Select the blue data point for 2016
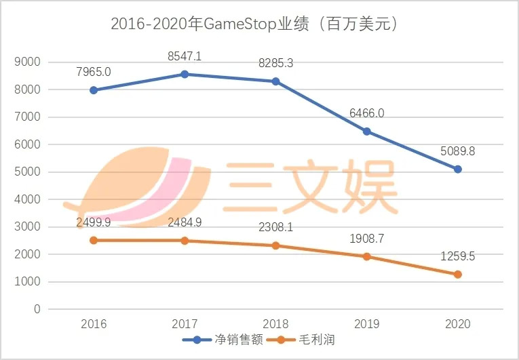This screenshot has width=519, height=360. [94, 90]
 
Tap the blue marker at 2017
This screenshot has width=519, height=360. [185, 74]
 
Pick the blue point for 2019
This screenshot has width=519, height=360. [367, 132]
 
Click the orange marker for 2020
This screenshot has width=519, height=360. [458, 275]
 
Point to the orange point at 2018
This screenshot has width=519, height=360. [276, 245]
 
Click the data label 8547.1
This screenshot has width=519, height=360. [185, 56]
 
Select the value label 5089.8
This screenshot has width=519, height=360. [458, 151]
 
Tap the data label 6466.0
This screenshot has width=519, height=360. [367, 113]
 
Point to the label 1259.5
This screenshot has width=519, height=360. [458, 257]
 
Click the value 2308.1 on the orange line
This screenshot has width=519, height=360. [276, 228]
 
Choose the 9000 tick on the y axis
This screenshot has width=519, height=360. [28, 62]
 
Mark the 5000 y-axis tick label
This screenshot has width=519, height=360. [28, 172]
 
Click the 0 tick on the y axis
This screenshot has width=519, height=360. [37, 309]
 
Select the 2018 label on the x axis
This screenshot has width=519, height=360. [276, 325]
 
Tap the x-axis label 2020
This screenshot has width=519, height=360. [458, 325]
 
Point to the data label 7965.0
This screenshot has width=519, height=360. [94, 72]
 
